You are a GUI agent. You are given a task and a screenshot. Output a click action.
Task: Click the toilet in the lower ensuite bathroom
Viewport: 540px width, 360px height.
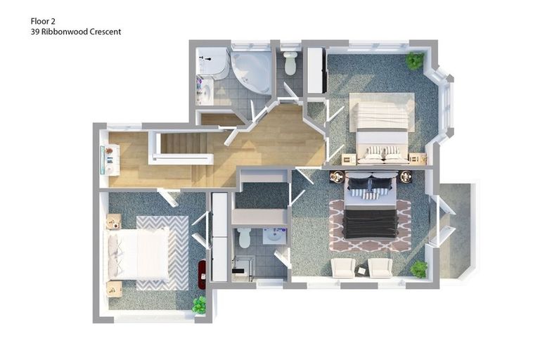(244, 238)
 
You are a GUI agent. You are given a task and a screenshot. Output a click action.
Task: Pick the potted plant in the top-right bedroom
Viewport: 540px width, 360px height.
(415, 60)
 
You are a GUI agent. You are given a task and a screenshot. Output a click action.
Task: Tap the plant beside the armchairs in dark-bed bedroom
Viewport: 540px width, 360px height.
(419, 269)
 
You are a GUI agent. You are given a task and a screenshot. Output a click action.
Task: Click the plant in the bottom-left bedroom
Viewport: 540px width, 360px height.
(200, 304)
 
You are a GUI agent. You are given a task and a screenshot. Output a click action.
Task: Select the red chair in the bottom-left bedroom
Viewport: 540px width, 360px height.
(202, 274)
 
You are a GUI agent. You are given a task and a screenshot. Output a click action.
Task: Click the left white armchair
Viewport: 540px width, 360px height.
(342, 267)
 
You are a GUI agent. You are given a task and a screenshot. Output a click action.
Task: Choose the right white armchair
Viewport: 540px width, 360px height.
(380, 267)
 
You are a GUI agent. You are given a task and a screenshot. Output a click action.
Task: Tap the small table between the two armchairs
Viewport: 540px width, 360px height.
(361, 270)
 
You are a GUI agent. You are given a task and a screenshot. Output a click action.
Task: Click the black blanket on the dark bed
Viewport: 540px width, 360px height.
(370, 224)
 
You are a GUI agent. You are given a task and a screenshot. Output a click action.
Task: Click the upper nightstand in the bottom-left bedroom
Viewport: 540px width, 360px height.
(114, 222)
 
